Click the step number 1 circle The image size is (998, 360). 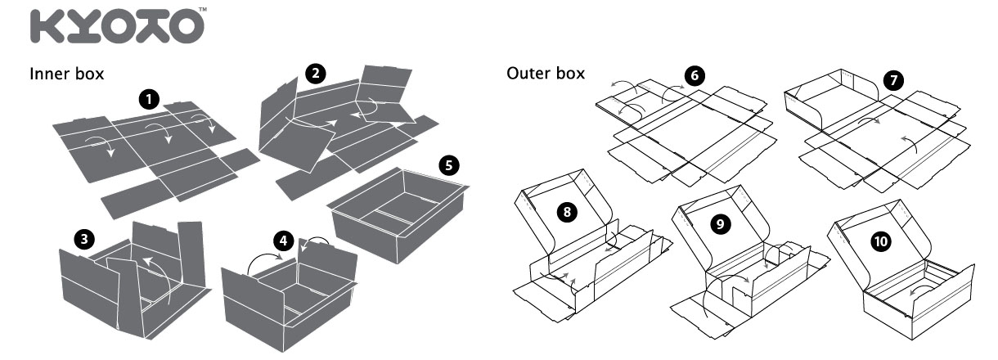coord(149,100)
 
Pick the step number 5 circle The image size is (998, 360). coord(447,164)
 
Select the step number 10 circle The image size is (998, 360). coord(881,241)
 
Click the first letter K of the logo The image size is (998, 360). coord(46,27)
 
